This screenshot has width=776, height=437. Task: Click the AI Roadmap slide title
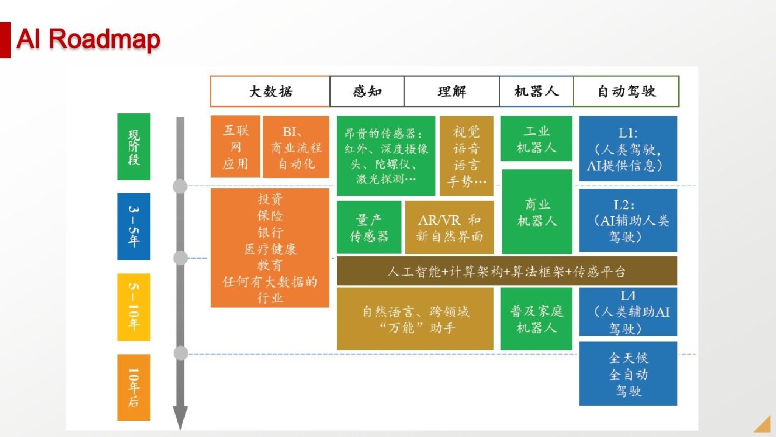(88, 38)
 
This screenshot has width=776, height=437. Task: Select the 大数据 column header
(270, 91)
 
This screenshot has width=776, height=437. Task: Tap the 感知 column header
(367, 91)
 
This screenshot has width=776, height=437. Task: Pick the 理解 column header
(452, 91)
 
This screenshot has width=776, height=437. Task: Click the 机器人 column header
(536, 91)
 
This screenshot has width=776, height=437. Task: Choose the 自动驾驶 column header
(626, 91)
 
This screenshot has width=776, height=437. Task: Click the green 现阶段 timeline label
(134, 147)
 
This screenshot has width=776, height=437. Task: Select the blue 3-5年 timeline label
(134, 227)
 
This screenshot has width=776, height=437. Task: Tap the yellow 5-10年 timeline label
(134, 307)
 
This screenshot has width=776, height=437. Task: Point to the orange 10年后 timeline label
(134, 387)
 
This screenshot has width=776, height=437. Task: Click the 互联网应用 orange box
(235, 147)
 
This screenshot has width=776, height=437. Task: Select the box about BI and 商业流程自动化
(296, 147)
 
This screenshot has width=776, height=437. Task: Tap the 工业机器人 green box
(536, 139)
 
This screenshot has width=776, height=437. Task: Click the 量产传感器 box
(369, 227)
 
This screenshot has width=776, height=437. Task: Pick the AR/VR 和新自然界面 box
(449, 227)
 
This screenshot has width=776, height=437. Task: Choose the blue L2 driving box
(628, 220)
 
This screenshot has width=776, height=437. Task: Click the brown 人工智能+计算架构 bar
(507, 271)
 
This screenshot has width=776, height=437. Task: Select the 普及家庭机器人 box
(536, 319)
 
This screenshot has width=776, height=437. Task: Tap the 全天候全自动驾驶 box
(628, 373)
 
